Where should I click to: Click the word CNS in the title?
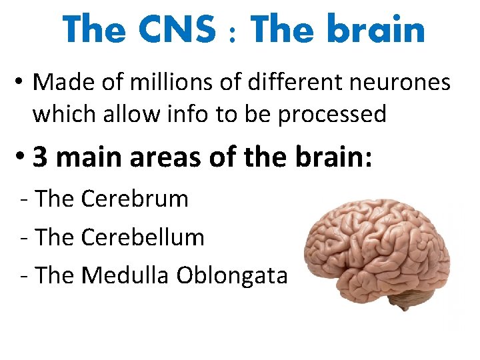[179, 29]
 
